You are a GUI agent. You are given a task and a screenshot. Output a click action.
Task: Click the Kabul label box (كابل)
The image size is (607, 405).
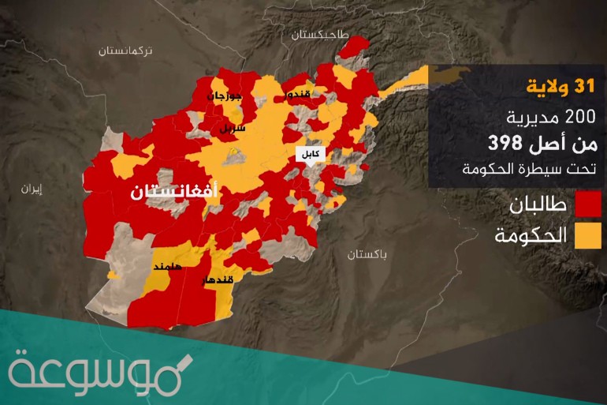307,155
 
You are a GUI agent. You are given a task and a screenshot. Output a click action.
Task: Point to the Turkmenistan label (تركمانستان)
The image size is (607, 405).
130,50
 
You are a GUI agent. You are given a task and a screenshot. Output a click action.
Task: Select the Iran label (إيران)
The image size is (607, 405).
32,189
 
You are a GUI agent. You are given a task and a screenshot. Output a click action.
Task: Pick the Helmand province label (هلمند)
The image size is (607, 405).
167,267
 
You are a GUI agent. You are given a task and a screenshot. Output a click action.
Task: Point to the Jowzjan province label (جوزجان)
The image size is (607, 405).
222,96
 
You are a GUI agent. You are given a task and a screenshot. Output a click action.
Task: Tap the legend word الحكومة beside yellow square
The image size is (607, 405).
531,234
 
